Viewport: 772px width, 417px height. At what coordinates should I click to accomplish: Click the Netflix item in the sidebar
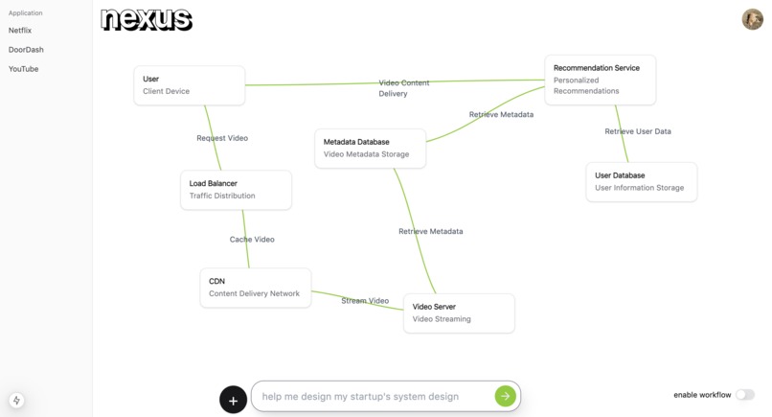point(20,31)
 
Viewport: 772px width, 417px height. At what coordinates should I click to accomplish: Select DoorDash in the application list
point(26,50)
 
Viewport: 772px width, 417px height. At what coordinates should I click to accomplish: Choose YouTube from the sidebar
point(24,69)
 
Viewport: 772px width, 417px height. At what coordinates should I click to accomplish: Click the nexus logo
point(146,19)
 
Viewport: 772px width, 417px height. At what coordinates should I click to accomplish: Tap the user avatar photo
point(752,19)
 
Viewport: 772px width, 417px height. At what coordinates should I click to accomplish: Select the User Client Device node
point(190,85)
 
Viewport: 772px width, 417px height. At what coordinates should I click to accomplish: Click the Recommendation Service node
point(600,80)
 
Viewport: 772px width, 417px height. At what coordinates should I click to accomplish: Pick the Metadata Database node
point(371,148)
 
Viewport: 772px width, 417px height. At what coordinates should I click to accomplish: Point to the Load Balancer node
point(236,190)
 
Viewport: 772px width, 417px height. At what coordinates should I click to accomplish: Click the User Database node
point(641,182)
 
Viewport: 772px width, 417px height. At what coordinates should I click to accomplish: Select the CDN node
point(255,288)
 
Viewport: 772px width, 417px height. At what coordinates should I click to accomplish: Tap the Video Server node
point(459,313)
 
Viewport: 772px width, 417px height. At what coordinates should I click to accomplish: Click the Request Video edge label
point(222,138)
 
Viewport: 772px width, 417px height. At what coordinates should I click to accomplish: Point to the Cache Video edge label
point(252,239)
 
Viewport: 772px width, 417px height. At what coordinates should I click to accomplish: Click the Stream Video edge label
point(365,301)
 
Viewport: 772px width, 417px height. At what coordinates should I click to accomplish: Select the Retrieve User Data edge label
point(638,131)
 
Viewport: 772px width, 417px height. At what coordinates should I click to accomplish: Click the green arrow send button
point(505,396)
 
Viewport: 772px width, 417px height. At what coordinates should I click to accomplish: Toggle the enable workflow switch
point(744,395)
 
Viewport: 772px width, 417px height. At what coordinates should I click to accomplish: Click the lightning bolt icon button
point(17,401)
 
